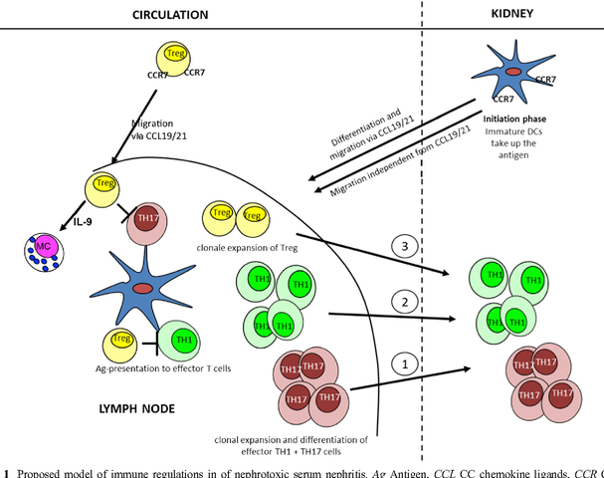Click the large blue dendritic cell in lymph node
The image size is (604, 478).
144,287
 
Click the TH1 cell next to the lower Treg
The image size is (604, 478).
183,342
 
